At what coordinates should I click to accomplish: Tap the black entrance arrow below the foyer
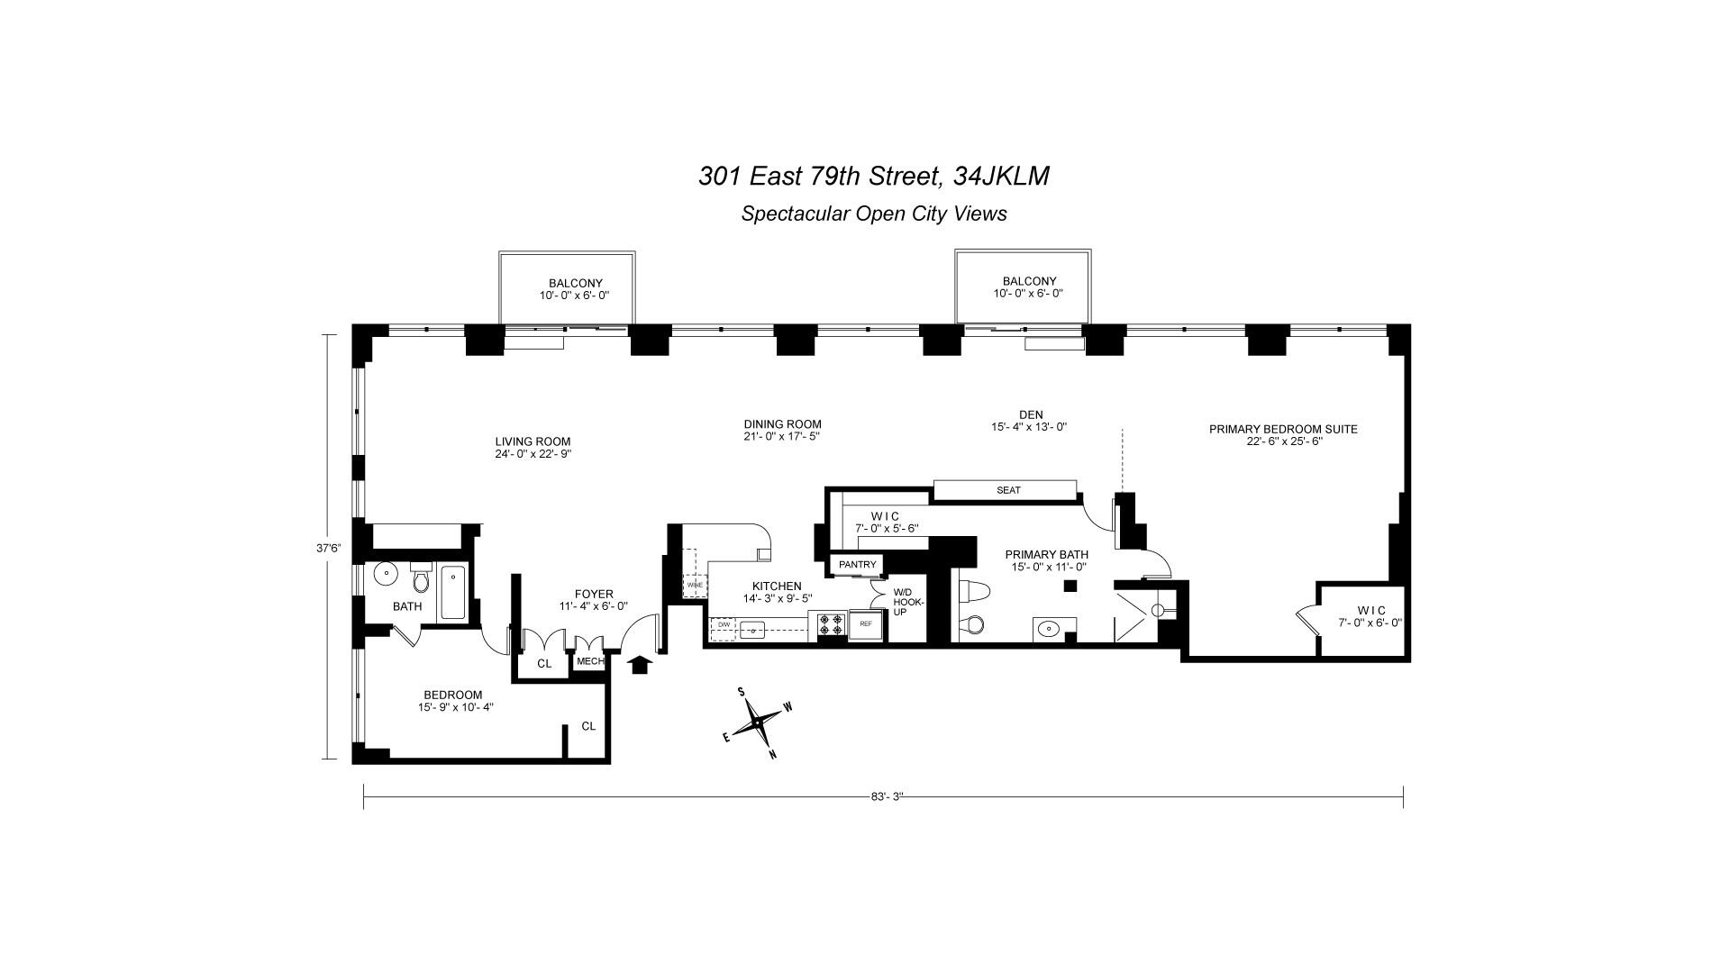(x=640, y=665)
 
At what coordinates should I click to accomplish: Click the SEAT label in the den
(x=1008, y=490)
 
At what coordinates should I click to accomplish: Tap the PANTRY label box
(x=857, y=565)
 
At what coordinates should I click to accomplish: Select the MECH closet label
(x=590, y=661)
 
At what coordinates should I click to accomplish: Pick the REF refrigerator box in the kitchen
(x=866, y=623)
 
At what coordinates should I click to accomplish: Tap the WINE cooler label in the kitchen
(x=695, y=585)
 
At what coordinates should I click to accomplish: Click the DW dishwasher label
(x=724, y=623)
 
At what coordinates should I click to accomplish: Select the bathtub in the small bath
(x=452, y=592)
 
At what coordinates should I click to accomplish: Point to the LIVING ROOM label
(x=533, y=441)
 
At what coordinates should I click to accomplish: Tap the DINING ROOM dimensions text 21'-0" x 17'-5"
(x=782, y=436)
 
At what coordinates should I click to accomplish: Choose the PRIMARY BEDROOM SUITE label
(x=1283, y=429)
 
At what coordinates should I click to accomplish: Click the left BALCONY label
(x=576, y=283)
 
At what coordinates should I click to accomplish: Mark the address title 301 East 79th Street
(x=822, y=176)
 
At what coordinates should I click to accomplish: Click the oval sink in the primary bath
(x=1048, y=629)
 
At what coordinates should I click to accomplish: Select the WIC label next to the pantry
(x=885, y=516)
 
